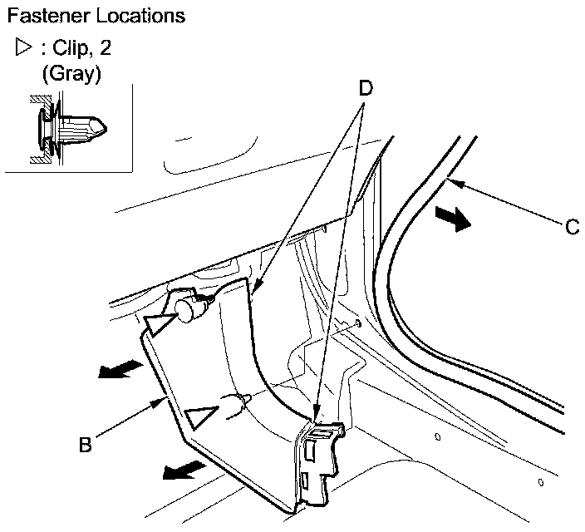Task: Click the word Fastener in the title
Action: point(42,15)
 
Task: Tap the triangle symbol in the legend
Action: point(22,48)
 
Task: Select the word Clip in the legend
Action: point(74,48)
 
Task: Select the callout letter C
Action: point(572,226)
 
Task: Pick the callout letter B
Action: point(84,445)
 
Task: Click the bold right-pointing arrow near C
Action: point(454,218)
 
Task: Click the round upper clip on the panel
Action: point(189,309)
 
